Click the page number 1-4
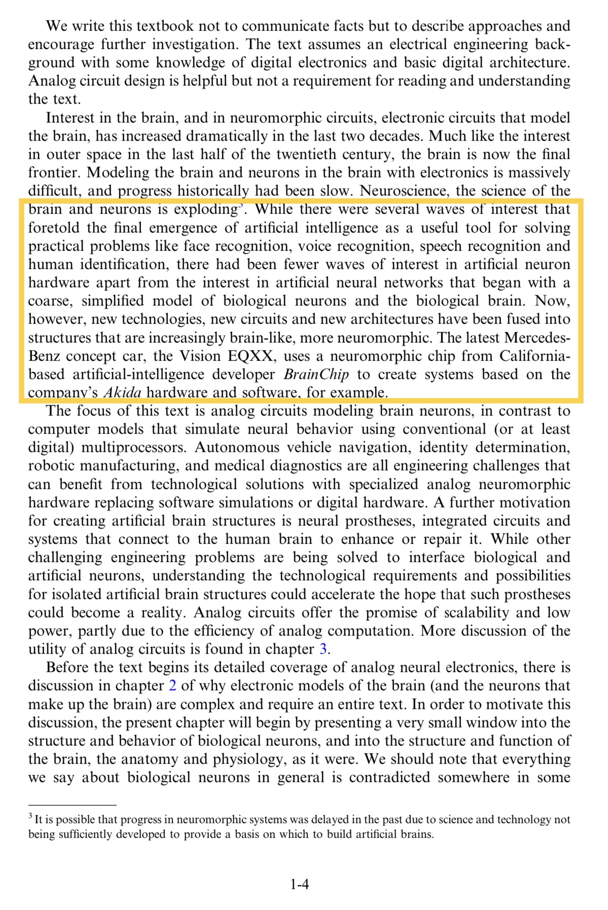[300, 885]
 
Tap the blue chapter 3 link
[323, 649]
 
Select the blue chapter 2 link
[172, 686]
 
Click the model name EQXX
[252, 356]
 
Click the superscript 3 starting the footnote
[30, 817]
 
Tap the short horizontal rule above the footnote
[72, 805]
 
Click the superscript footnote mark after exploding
[240, 206]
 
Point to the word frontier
[54, 173]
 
